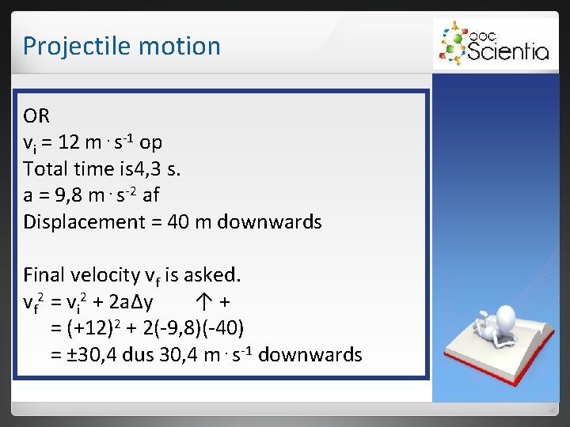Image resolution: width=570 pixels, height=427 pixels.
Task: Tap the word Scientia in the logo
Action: (507, 51)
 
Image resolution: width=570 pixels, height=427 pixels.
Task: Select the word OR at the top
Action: (37, 116)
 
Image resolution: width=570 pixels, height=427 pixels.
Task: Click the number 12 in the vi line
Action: (69, 142)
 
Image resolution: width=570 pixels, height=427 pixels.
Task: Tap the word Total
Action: (47, 168)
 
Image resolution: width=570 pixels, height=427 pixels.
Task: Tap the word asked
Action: (212, 275)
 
